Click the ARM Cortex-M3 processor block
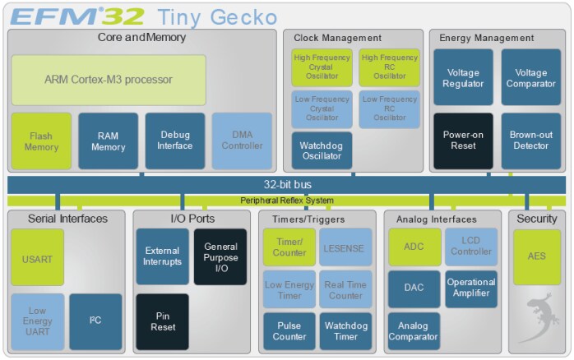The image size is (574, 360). pyautogui.click(x=109, y=80)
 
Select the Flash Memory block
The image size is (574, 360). pyautogui.click(x=41, y=141)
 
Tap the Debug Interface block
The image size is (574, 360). pyautogui.click(x=175, y=141)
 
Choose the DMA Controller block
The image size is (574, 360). pyautogui.click(x=242, y=141)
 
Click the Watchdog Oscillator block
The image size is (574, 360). pyautogui.click(x=322, y=150)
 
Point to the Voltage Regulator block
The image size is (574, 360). pyautogui.click(x=463, y=77)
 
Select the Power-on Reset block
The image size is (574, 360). pyautogui.click(x=463, y=141)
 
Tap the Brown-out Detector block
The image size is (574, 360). pyautogui.click(x=530, y=141)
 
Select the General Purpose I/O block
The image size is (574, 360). pyautogui.click(x=220, y=256)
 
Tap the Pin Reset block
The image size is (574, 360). pyautogui.click(x=162, y=321)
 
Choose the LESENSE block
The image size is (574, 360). pyautogui.click(x=345, y=247)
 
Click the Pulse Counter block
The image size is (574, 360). pyautogui.click(x=289, y=331)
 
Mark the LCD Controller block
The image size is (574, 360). pyautogui.click(x=470, y=247)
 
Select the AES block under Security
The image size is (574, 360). pyautogui.click(x=536, y=256)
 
